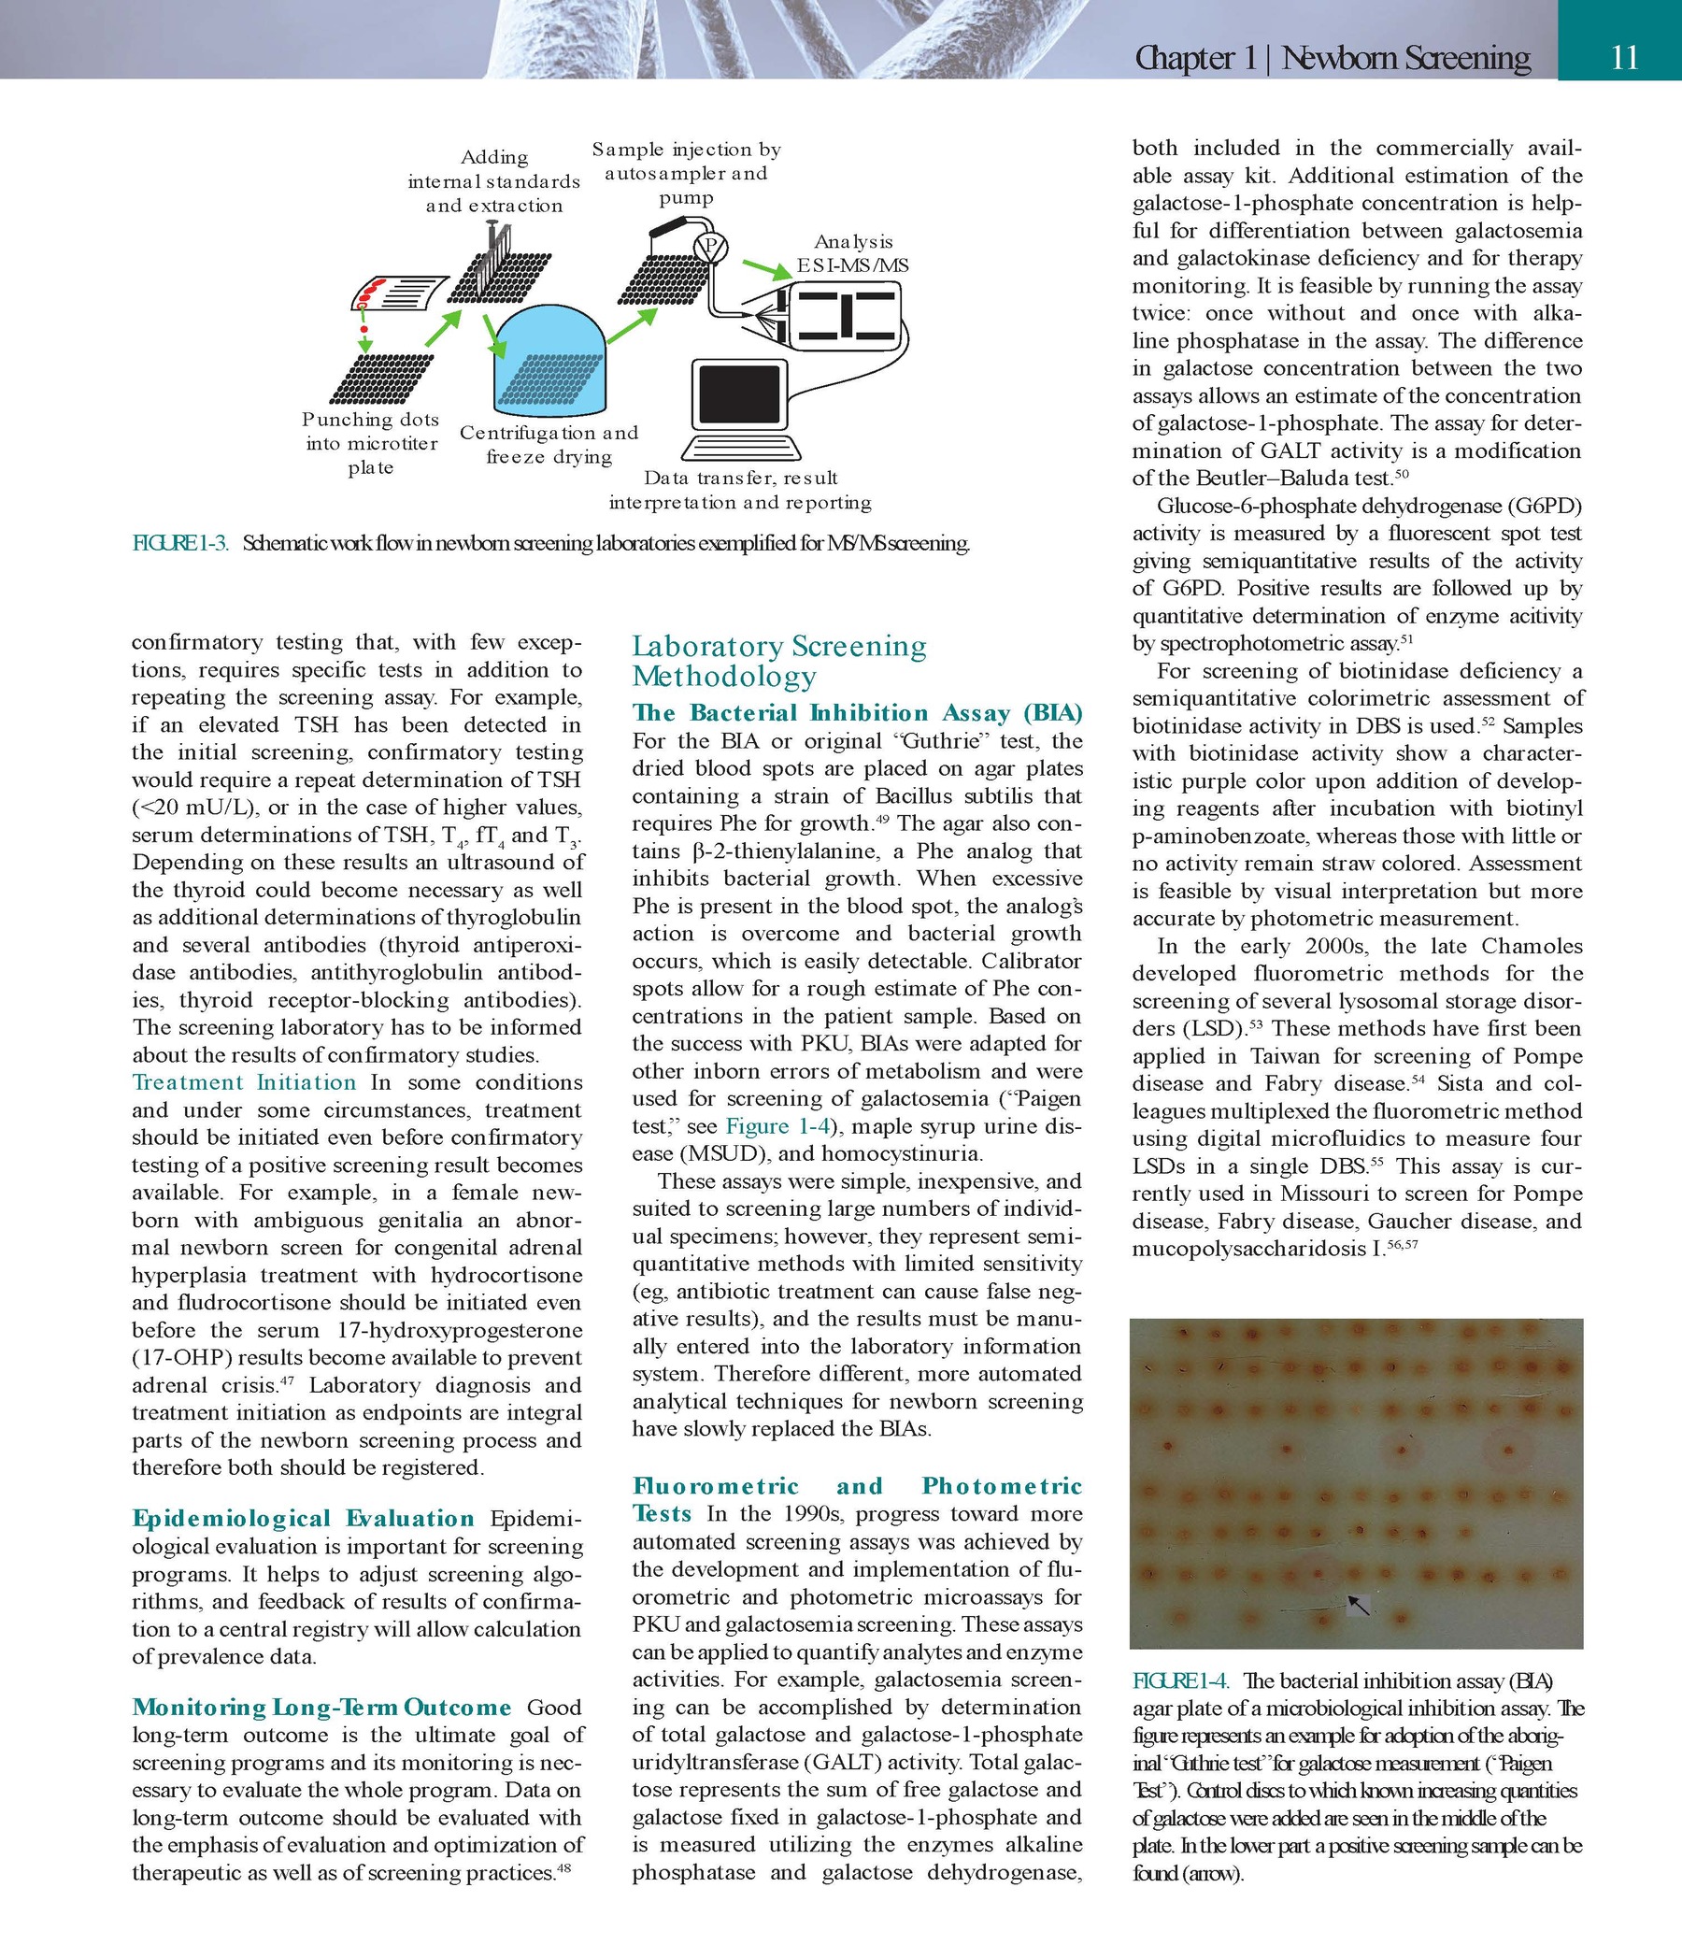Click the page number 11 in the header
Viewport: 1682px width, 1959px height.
[x=1623, y=59]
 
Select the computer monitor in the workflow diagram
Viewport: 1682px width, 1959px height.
[x=740, y=394]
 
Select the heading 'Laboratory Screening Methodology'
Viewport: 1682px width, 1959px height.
[x=779, y=661]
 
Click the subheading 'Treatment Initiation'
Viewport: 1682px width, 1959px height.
[x=244, y=1082]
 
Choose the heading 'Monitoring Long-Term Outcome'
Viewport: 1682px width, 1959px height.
[x=321, y=1708]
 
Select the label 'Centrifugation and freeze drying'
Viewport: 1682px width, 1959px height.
[x=549, y=444]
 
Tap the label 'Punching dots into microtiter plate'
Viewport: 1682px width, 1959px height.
[x=371, y=443]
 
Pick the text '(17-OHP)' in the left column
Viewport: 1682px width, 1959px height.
[x=175, y=1358]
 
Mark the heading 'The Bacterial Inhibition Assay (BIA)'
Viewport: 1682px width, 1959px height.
[x=857, y=713]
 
